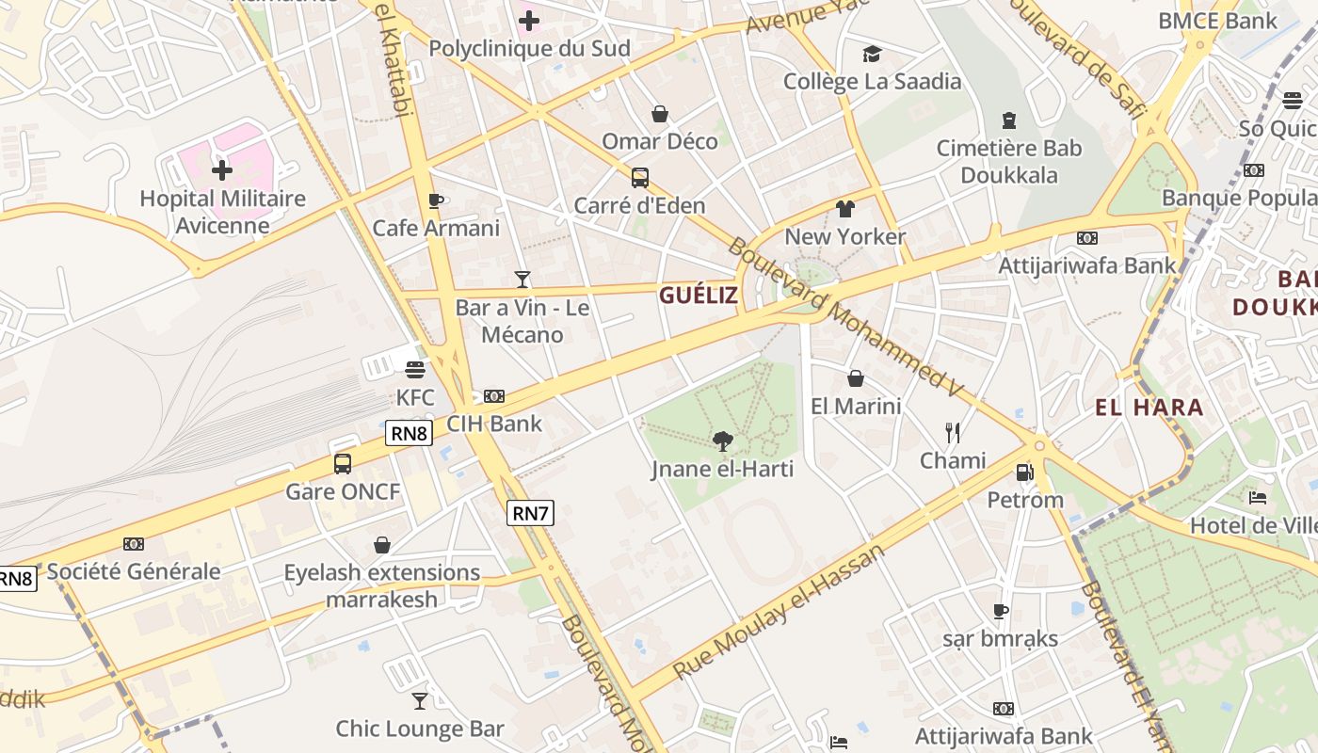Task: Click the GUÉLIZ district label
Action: tap(699, 296)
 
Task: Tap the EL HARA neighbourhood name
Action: tap(1149, 408)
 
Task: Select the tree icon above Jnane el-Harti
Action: tap(723, 441)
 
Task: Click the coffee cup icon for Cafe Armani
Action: tap(435, 200)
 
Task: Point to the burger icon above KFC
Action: tap(415, 369)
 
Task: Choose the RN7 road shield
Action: tap(530, 513)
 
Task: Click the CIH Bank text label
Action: tap(494, 424)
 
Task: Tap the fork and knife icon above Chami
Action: tap(953, 433)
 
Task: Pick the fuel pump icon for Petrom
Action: tap(1025, 472)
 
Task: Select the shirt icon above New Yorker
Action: tap(844, 209)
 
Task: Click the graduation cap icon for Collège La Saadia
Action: tap(872, 54)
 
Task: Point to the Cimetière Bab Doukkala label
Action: tap(1009, 162)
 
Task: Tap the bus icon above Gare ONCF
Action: tap(343, 464)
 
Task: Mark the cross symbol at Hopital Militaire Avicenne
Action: tap(222, 170)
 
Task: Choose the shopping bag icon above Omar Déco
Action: tap(660, 114)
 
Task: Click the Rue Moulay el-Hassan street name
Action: tap(780, 611)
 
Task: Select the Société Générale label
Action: tap(134, 571)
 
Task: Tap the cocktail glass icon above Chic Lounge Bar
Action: tap(420, 701)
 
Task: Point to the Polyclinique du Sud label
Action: tap(529, 49)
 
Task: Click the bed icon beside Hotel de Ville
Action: tap(1257, 498)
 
